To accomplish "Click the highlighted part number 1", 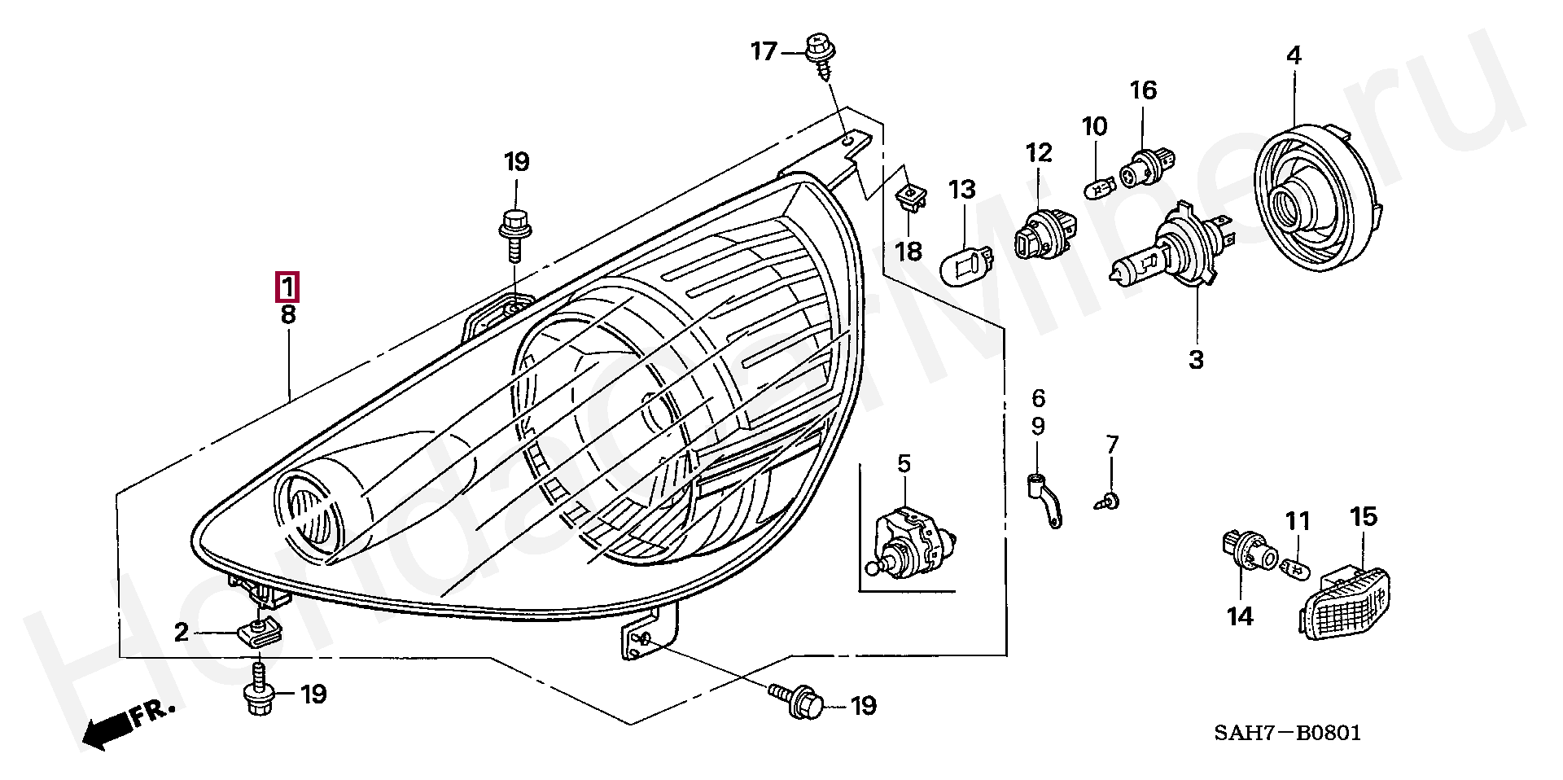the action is (287, 288).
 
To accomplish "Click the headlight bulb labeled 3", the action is (1173, 243).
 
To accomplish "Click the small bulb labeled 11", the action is (1295, 568).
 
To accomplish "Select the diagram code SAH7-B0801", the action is (1287, 733).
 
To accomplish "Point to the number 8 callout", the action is (288, 315).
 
